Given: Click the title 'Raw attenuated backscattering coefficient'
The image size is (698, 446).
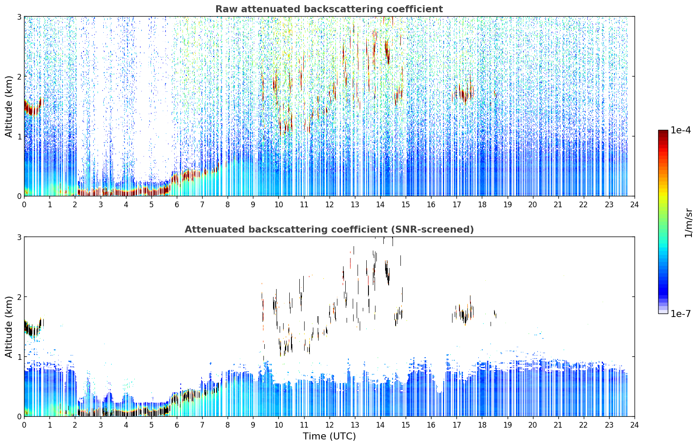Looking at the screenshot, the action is pos(329,9).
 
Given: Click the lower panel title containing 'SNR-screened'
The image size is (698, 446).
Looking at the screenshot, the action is pos(329,229).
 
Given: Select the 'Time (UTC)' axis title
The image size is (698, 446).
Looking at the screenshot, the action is pos(329,436).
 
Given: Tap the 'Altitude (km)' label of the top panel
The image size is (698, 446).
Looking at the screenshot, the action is pos(9,106).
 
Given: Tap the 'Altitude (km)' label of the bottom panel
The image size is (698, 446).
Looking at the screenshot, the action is pos(9,326).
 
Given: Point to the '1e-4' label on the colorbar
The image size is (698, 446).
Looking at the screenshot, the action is pos(680,130).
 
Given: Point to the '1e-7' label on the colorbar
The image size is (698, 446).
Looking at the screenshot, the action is pos(680,314).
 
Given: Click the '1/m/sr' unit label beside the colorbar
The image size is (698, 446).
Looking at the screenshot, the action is pos(688,223).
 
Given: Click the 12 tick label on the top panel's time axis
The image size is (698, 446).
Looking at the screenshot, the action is pos(330,205).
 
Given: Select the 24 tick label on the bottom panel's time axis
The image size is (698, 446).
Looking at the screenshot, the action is pos(635,425).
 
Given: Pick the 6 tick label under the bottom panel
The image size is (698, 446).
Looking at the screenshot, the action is pos(177,425).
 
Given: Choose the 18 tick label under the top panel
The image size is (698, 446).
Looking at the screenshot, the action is pos(482,205).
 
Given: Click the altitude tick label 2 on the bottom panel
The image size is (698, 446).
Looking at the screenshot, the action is pos(19,297).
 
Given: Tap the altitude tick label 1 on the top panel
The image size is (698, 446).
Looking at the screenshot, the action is pos(19,136).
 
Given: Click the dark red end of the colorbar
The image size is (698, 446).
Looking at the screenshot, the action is pos(663,132).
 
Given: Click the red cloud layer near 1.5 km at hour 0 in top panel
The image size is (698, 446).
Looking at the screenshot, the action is pos(32,108).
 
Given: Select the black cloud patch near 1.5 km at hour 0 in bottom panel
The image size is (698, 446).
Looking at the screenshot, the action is pos(32,328).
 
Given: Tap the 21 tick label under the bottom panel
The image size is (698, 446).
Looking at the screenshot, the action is pos(558,425).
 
